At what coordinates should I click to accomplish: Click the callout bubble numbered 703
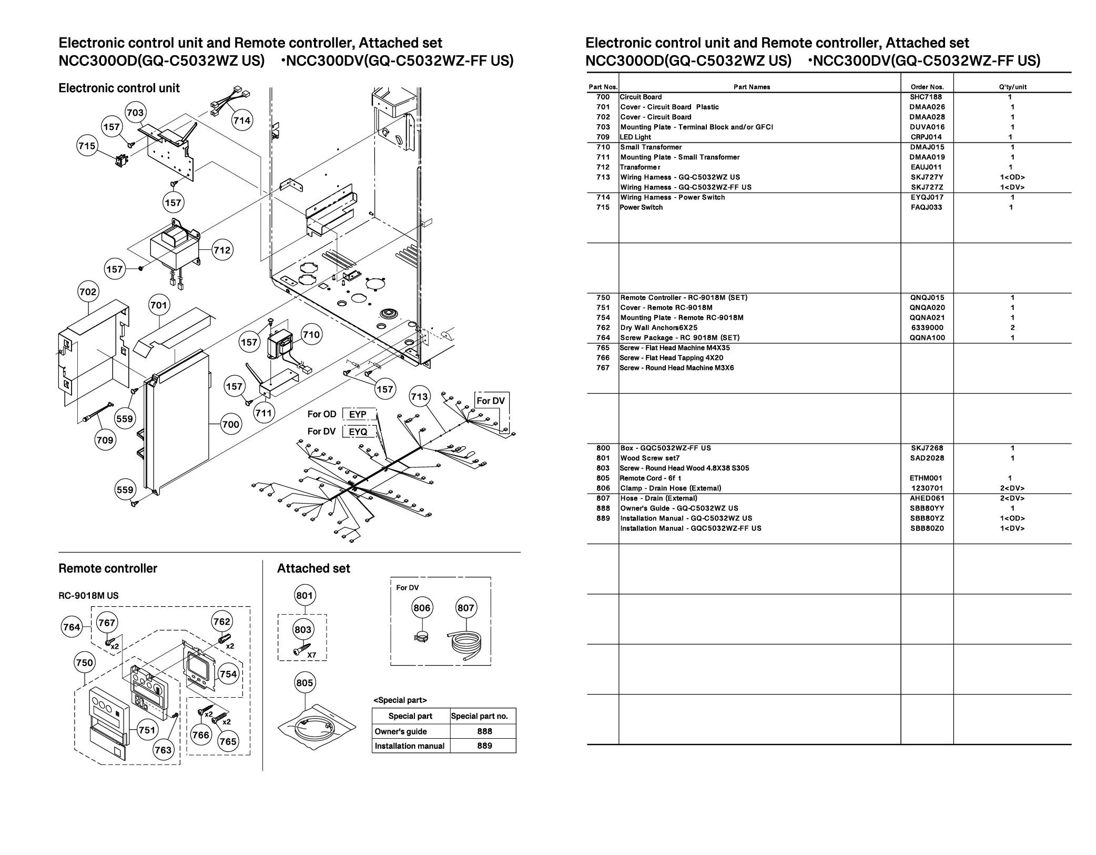[x=135, y=113]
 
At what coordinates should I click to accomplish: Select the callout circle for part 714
[x=242, y=120]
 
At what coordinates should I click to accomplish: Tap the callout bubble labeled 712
[x=222, y=250]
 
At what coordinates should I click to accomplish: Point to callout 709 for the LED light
[x=105, y=440]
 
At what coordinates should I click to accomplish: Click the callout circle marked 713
[x=419, y=396]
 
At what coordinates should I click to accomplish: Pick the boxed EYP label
[x=358, y=414]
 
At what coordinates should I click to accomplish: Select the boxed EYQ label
[x=358, y=432]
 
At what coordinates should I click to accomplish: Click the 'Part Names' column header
[x=752, y=87]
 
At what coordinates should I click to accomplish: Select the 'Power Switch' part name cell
[x=641, y=207]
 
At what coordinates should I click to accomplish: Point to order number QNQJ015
[x=927, y=297]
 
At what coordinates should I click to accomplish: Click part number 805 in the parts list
[x=603, y=478]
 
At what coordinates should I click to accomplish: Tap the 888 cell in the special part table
[x=484, y=731]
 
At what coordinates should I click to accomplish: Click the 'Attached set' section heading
[x=313, y=568]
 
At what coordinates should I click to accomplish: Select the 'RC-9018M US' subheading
[x=88, y=596]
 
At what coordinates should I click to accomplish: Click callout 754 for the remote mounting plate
[x=228, y=674]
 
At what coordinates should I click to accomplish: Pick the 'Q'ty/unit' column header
[x=1012, y=87]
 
